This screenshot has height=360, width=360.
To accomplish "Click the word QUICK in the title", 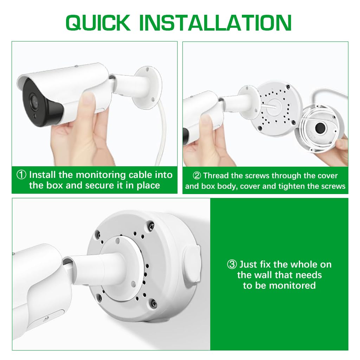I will [x=98, y=23].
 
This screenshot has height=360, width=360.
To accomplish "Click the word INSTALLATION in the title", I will [x=215, y=23].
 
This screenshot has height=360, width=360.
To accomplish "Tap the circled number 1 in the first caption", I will [x=22, y=175].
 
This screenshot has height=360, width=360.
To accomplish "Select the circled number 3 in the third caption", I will [x=232, y=264].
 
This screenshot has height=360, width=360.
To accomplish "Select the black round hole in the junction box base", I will [x=320, y=128].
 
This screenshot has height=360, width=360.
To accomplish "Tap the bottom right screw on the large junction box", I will [x=153, y=302].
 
